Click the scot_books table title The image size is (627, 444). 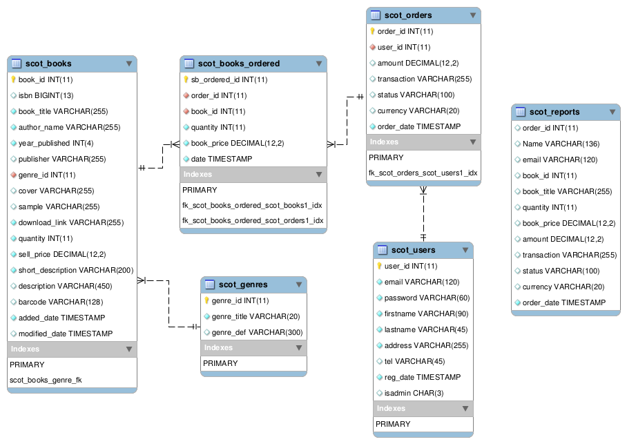(48, 64)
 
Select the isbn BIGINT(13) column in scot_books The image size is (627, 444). (46, 95)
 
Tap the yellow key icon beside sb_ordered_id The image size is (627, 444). (186, 79)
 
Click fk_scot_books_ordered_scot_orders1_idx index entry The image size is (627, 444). (253, 220)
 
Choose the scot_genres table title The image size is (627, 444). (243, 284)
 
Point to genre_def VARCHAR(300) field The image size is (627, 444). (257, 332)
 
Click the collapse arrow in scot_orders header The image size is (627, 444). (472, 15)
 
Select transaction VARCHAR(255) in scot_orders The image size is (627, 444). (425, 79)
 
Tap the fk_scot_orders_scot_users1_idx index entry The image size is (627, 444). (423, 173)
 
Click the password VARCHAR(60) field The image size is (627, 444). (427, 298)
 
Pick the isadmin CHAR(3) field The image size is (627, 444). (414, 393)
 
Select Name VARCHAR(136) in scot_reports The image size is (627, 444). (561, 144)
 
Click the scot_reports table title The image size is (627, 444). (554, 112)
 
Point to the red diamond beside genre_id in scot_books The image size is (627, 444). (13, 175)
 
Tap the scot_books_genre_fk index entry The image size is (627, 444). (46, 380)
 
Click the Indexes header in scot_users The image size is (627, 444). (391, 408)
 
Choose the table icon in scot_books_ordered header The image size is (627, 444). (189, 64)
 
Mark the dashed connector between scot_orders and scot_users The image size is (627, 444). (423, 214)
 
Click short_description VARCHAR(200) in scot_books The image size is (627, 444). (76, 271)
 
